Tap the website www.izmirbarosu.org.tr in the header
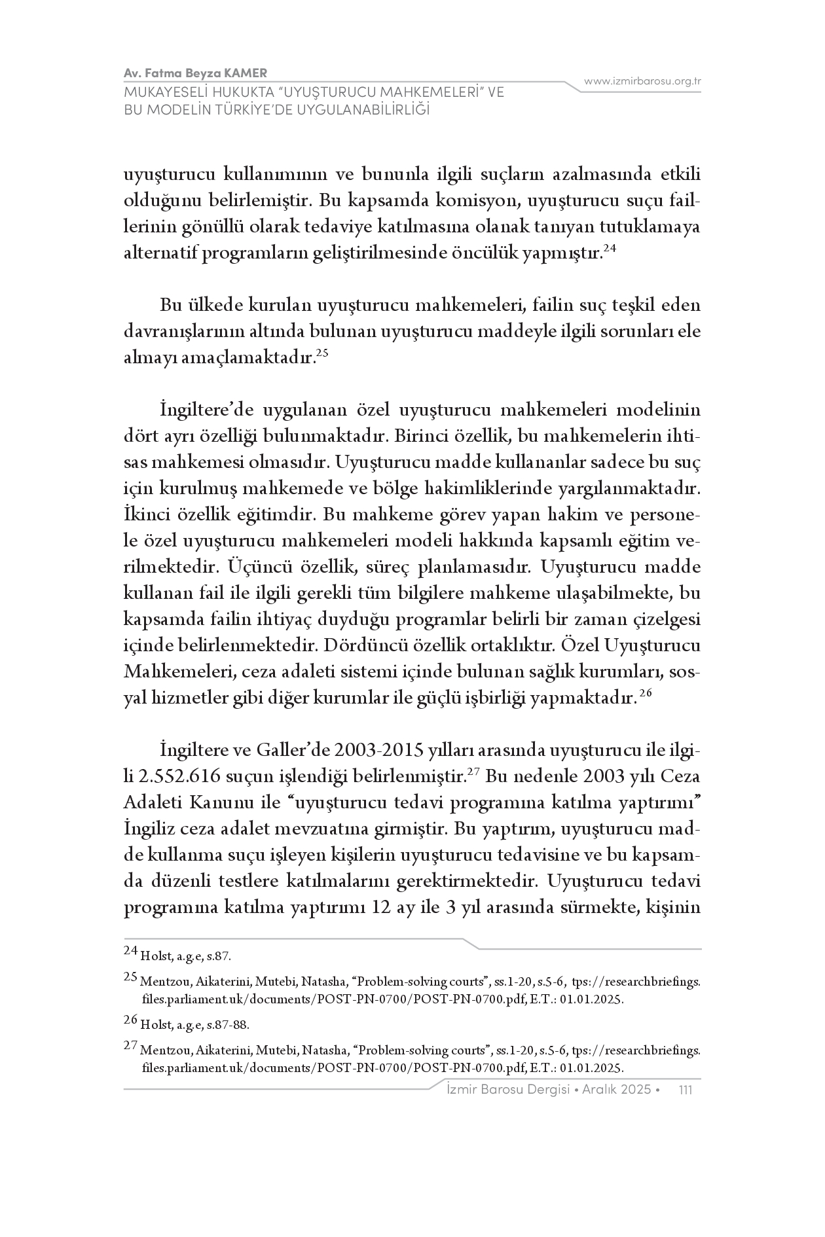click(x=642, y=81)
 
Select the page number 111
click(x=686, y=1089)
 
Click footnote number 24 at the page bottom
click(x=130, y=950)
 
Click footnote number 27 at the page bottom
click(x=130, y=1046)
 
